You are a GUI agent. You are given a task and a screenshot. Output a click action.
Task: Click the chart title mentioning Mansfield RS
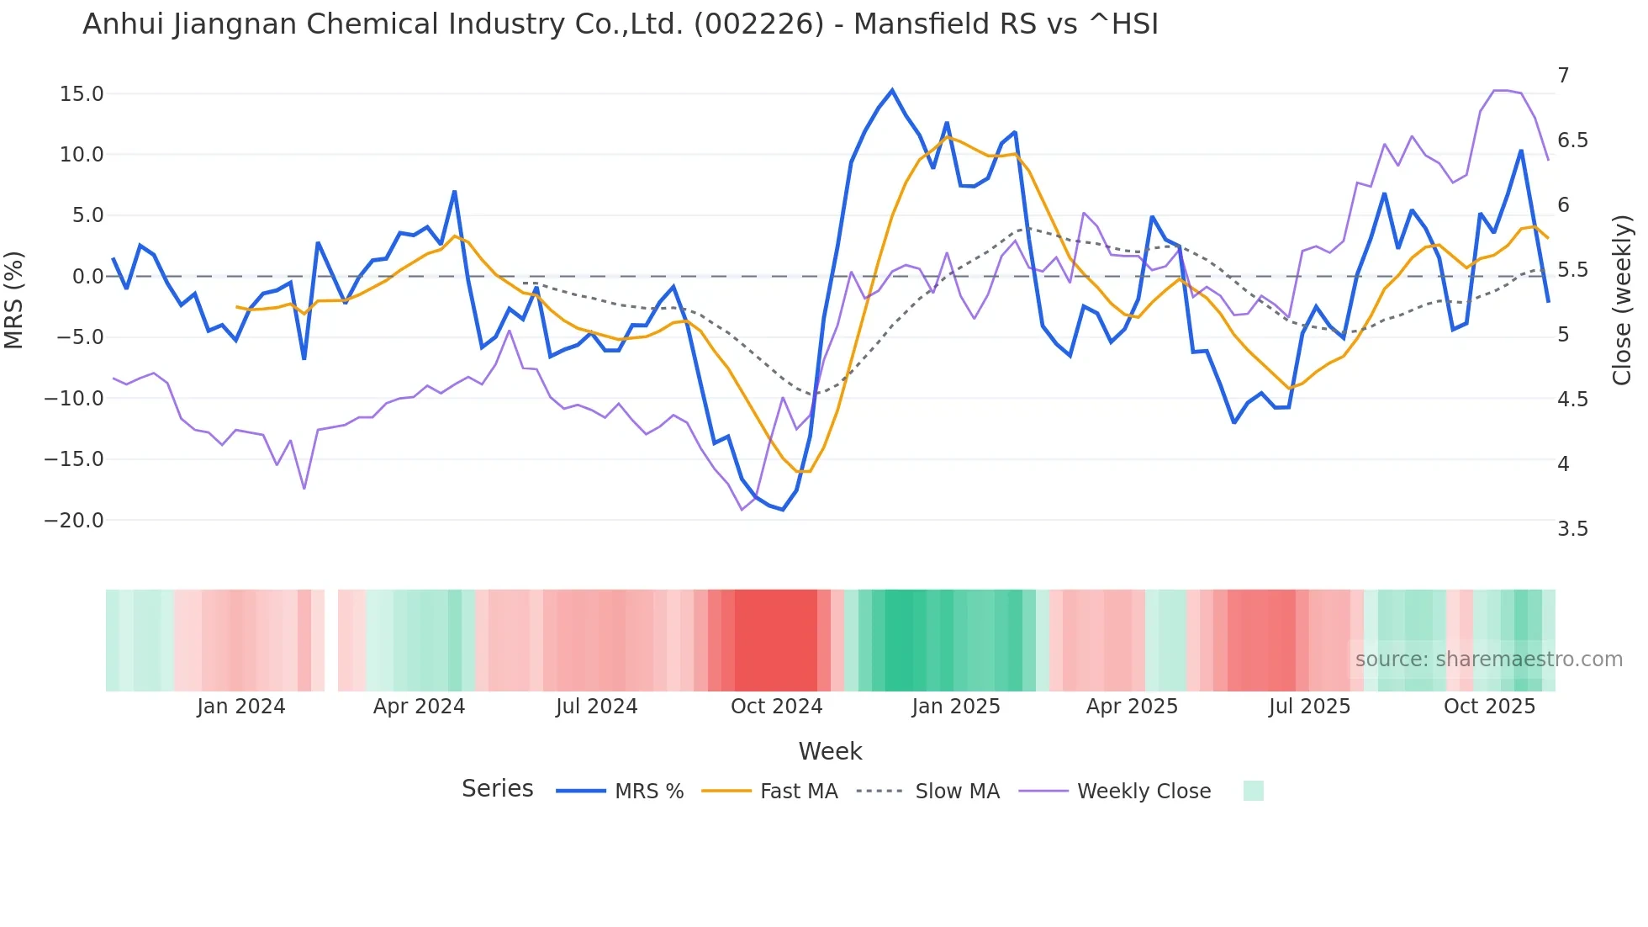(x=620, y=24)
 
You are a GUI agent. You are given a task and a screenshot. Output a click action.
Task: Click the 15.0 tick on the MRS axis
(x=82, y=94)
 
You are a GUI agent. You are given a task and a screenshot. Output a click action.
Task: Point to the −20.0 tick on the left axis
(x=74, y=521)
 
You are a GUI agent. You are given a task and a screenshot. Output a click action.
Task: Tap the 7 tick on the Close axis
(x=1563, y=76)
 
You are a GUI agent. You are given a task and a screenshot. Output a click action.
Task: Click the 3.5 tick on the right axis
(x=1572, y=529)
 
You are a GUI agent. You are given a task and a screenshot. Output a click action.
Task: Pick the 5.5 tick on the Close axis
(x=1572, y=270)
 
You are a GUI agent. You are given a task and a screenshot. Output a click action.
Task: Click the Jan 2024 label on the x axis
(x=241, y=707)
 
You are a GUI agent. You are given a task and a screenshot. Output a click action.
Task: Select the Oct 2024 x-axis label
(x=776, y=707)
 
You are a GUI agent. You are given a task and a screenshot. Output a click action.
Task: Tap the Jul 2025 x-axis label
(x=1309, y=707)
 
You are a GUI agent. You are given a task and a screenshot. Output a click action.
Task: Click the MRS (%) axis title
(x=14, y=299)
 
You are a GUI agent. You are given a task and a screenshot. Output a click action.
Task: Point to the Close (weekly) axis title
(x=1622, y=300)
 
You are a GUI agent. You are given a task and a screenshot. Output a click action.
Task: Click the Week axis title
(x=830, y=751)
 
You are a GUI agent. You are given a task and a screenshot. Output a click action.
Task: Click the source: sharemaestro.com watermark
(x=1488, y=659)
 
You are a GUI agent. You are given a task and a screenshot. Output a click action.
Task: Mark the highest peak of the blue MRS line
(x=892, y=90)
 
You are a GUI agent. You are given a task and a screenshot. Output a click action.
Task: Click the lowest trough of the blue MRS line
(x=783, y=510)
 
